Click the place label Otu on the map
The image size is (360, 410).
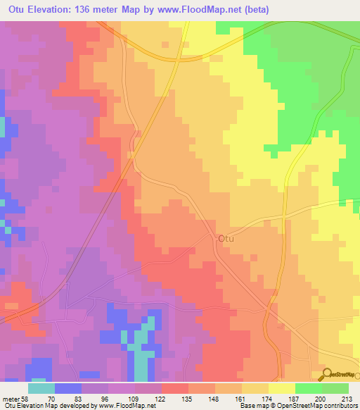coord(226,239)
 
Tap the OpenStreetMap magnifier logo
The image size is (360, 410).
coord(327,374)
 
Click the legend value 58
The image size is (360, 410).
coord(21,398)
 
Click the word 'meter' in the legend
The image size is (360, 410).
coord(8,398)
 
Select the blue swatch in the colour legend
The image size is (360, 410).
coord(67,387)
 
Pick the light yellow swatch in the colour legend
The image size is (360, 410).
coord(282,387)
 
